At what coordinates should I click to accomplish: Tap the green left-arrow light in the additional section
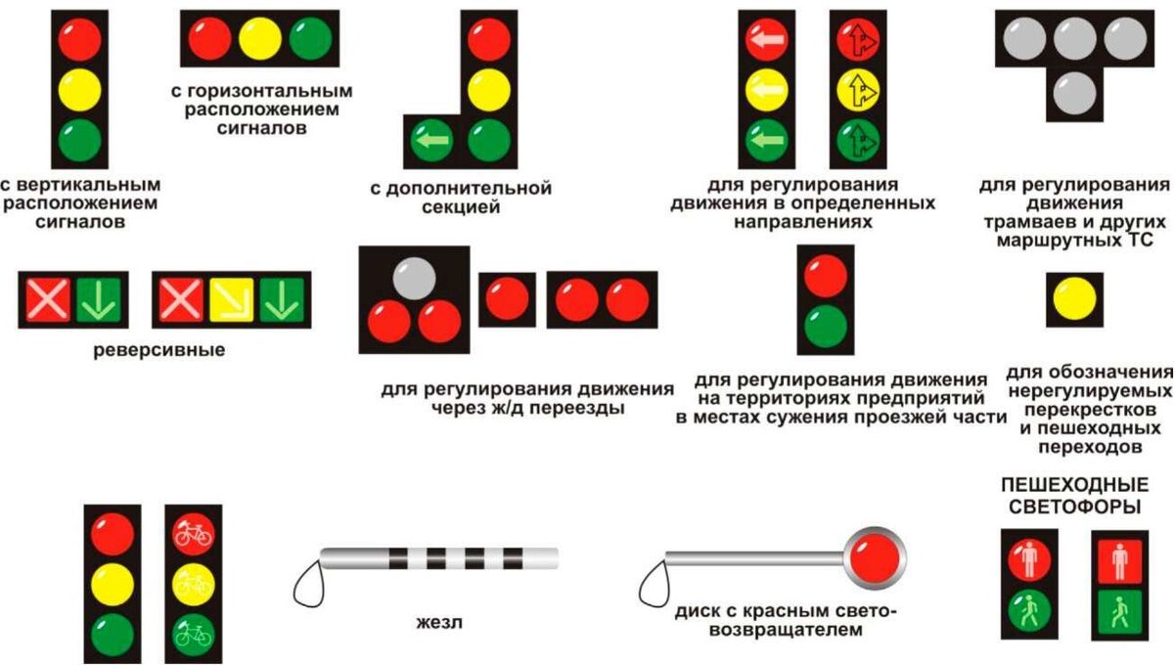430,141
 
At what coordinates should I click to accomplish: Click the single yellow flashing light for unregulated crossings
1073,299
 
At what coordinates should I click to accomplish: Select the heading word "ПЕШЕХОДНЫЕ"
1072,486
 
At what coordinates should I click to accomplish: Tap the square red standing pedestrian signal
1121,560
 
